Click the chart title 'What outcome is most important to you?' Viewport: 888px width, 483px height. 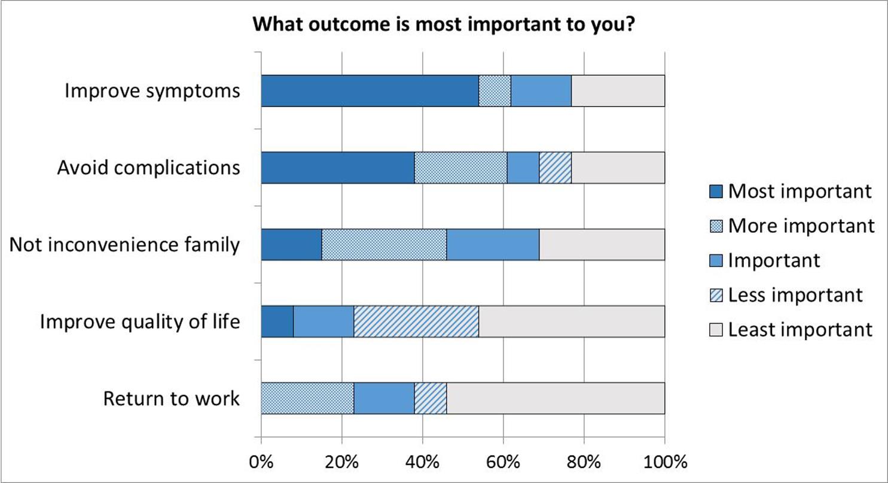(444, 24)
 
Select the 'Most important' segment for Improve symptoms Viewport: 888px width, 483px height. (370, 91)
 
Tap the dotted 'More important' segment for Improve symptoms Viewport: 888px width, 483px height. (495, 91)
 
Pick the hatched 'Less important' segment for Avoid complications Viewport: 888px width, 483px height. (555, 168)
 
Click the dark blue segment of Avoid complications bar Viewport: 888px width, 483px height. (338, 168)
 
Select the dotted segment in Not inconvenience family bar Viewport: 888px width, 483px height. (384, 244)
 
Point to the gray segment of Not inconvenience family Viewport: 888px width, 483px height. (602, 244)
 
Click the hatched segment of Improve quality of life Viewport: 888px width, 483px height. (416, 321)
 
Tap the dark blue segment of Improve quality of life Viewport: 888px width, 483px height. (277, 321)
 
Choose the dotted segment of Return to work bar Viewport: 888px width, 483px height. (307, 399)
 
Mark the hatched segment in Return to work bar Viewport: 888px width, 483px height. (431, 399)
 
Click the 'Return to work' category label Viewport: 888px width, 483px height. (171, 399)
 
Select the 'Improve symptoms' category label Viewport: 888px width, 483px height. (152, 91)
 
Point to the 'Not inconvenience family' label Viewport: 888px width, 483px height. (124, 244)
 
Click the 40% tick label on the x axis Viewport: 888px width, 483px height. (423, 463)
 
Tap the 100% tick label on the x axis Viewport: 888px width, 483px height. (665, 463)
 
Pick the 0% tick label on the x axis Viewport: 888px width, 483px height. (261, 463)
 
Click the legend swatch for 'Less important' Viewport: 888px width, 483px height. (716, 295)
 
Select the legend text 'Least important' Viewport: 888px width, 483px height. (800, 330)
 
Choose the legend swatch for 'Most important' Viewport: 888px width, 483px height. (716, 192)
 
